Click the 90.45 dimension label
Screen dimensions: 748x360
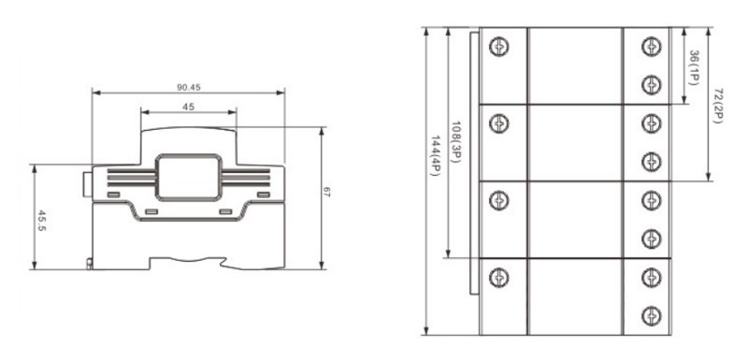(x=189, y=87)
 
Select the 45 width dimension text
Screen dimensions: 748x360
(x=189, y=107)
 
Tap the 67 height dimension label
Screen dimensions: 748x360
(x=326, y=193)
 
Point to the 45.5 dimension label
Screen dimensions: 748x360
(x=42, y=221)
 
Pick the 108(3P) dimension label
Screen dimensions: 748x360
(x=454, y=142)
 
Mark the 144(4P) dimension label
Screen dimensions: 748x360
(x=435, y=156)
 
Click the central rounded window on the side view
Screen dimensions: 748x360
(x=189, y=177)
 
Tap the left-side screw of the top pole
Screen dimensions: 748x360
(x=499, y=47)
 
